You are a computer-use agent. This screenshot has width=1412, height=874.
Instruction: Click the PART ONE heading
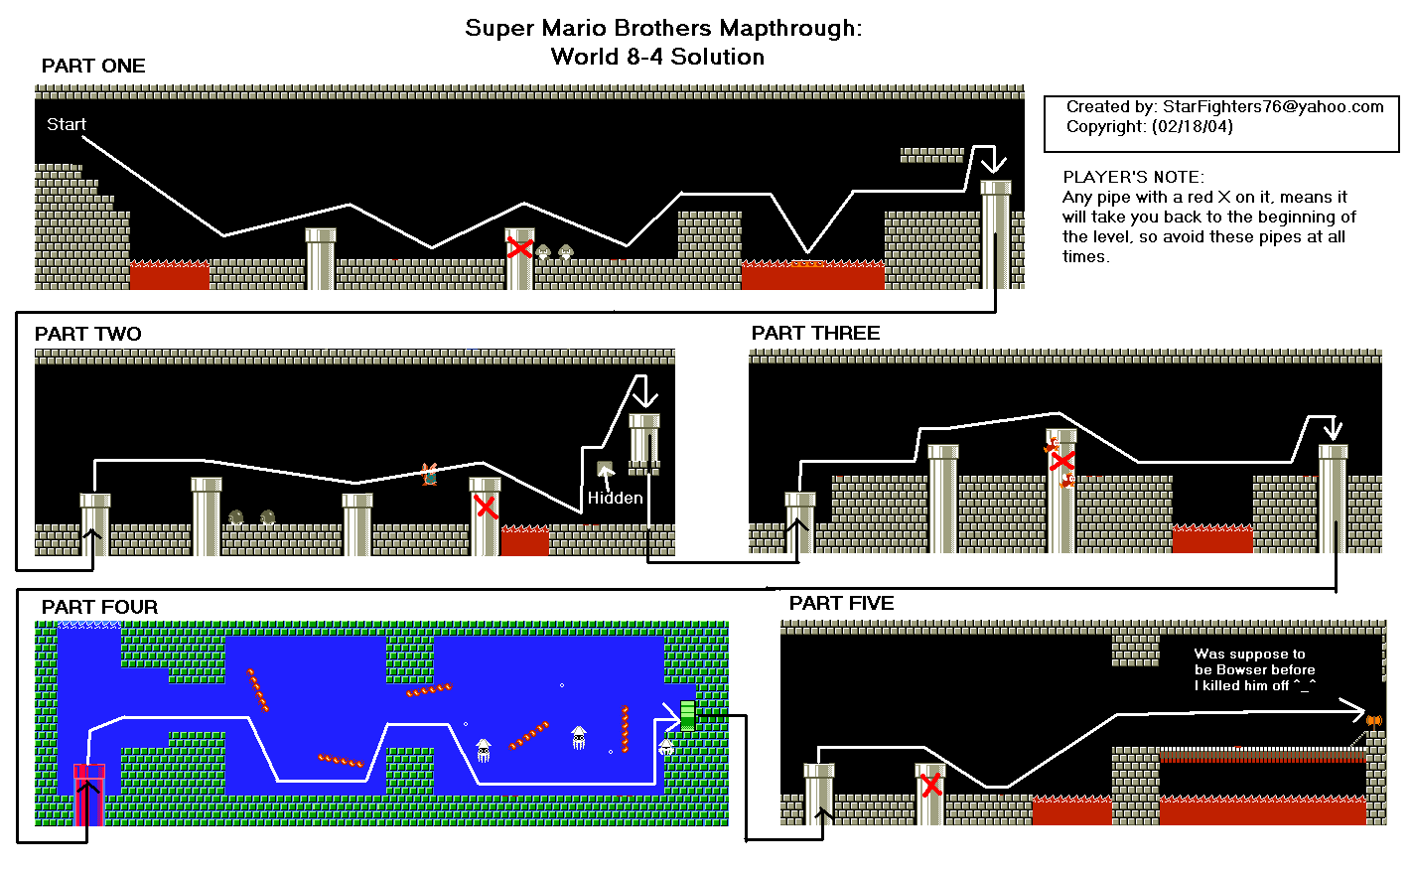point(93,66)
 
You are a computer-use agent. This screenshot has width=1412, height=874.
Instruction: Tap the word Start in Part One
point(67,124)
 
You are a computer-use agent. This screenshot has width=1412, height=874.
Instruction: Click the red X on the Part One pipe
point(520,248)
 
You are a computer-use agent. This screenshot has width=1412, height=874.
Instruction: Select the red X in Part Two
point(486,507)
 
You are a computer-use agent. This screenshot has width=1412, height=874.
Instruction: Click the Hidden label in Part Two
point(616,498)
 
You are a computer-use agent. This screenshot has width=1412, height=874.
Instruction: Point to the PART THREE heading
point(815,333)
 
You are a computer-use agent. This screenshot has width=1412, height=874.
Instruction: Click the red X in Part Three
point(1062,461)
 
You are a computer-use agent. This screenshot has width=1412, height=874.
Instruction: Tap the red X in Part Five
point(931,786)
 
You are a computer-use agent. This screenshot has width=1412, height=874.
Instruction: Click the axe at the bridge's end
point(1374,721)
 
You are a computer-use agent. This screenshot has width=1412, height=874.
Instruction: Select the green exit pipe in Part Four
point(688,716)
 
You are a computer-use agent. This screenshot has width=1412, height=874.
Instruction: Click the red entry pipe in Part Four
point(89,795)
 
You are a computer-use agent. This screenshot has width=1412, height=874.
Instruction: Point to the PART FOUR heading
point(99,607)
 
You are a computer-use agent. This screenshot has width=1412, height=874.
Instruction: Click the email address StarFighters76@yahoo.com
point(1273,106)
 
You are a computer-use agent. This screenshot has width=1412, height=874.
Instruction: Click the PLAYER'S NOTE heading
point(1133,177)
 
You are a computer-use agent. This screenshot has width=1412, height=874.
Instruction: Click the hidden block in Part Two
point(605,469)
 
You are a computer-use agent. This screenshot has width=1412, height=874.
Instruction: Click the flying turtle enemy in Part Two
point(429,474)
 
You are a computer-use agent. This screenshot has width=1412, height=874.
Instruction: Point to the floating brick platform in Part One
point(932,155)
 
